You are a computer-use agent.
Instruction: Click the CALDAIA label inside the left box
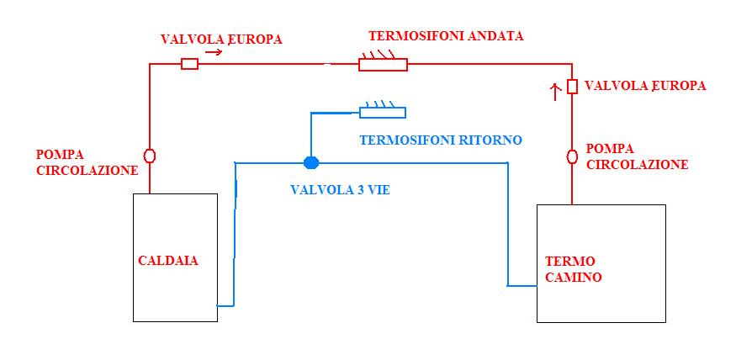click(168, 261)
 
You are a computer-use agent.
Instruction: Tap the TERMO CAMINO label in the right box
click(573, 269)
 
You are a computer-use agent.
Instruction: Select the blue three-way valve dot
click(311, 162)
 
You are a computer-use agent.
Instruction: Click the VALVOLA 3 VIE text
click(340, 190)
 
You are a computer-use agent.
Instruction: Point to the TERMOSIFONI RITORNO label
click(441, 140)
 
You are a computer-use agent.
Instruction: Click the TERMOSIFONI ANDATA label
click(446, 36)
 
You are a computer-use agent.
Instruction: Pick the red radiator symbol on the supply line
click(383, 61)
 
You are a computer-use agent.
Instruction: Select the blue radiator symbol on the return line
click(383, 110)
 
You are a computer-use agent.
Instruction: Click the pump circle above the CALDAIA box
click(149, 156)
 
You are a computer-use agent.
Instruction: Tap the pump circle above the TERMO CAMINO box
click(572, 156)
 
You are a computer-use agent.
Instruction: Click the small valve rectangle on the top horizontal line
click(189, 64)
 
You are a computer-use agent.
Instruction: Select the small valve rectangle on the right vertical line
click(572, 87)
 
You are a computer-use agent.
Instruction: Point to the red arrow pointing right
click(213, 52)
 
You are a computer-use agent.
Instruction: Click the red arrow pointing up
click(555, 92)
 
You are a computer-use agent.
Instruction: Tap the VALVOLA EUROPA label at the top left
click(221, 39)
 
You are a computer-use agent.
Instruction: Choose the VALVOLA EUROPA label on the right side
click(645, 86)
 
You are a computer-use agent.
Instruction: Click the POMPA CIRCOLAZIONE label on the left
click(87, 162)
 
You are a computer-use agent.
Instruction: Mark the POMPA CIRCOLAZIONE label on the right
click(638, 156)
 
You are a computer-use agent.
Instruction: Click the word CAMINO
click(573, 277)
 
